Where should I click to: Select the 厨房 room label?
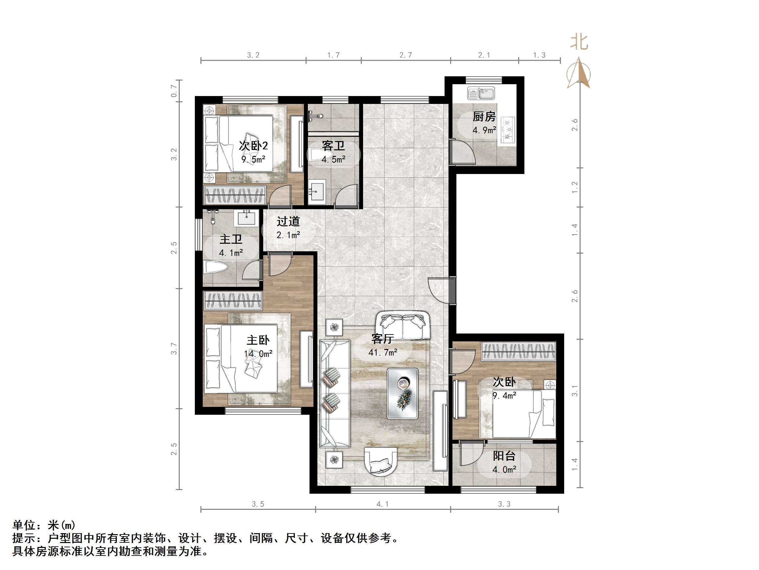pos(484,117)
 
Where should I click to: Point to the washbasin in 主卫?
pos(246,218)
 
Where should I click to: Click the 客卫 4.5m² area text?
pos(333,160)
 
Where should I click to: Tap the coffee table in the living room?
pos(403,393)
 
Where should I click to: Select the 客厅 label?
pos(382,339)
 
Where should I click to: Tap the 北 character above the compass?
pos(579,42)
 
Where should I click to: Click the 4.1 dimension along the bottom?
pos(382,504)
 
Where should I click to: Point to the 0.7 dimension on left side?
pos(174,91)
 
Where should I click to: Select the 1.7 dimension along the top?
pos(333,55)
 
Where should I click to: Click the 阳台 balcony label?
pos(504,456)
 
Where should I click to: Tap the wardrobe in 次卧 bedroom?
pos(518,352)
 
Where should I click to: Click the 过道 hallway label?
pos(288,221)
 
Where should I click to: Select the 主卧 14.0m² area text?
pos(258,353)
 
